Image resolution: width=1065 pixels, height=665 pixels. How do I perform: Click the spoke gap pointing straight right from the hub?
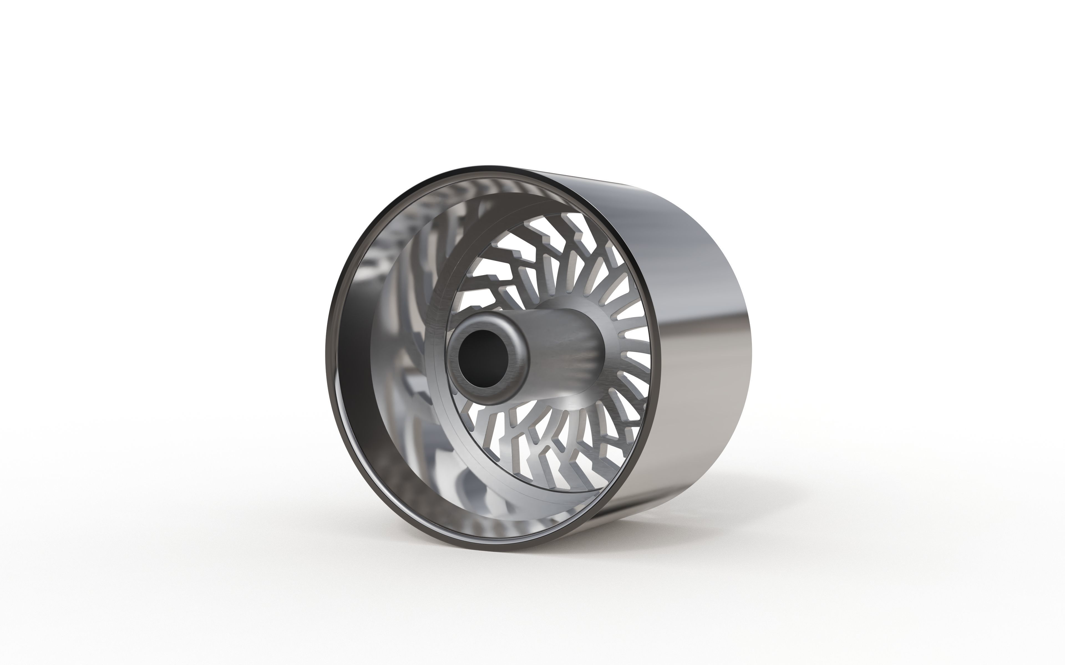point(634,347)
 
